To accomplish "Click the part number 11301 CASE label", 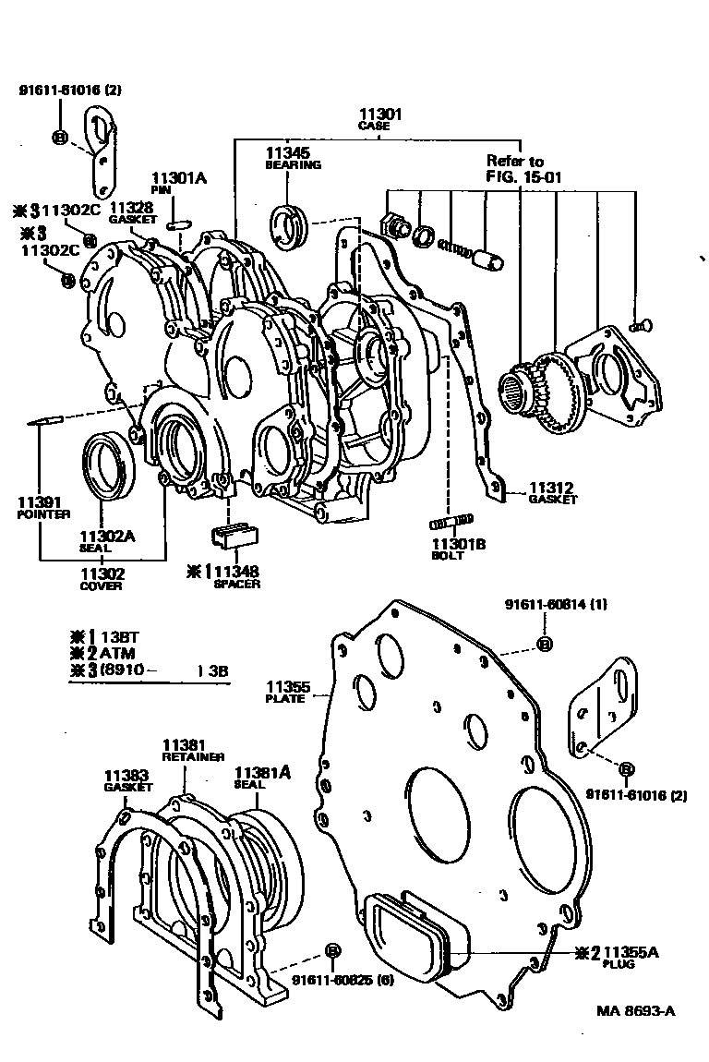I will point(379,119).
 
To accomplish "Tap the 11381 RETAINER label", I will point(192,749).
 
